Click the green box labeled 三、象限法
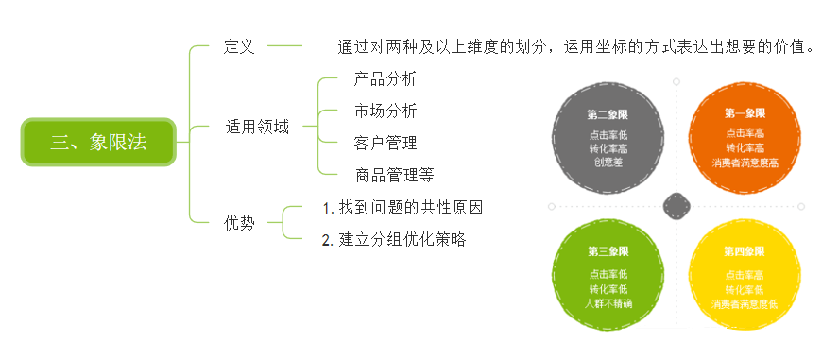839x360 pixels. tap(98, 143)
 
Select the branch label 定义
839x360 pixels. tap(239, 46)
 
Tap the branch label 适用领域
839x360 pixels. tap(257, 127)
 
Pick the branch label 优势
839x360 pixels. tap(239, 224)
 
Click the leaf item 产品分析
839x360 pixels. tap(385, 79)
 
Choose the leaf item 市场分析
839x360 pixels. tap(385, 111)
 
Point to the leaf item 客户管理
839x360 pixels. tap(385, 144)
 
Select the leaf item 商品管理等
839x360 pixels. tap(394, 175)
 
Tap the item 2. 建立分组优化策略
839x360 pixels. tap(394, 240)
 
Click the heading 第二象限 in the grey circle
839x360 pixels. tap(608, 113)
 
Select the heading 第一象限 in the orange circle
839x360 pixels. tap(745, 113)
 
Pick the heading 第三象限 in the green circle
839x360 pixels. tap(608, 251)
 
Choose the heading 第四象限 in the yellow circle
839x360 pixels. tap(745, 251)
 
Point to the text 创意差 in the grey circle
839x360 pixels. tap(608, 162)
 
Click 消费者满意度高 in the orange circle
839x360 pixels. tap(745, 162)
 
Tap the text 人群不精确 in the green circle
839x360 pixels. tap(608, 302)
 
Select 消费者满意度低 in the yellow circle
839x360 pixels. tap(745, 302)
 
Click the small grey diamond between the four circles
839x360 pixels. tap(676, 205)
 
